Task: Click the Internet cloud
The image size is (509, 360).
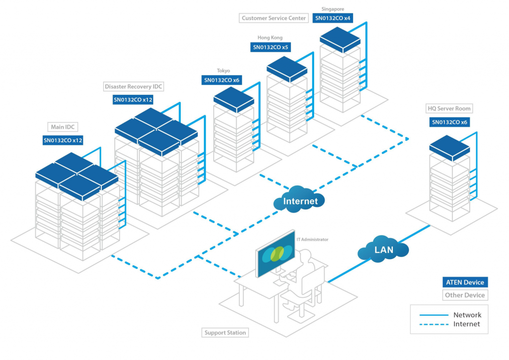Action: pos(300,200)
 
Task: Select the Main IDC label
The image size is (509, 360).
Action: pos(63,127)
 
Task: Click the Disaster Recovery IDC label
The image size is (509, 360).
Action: pos(133,87)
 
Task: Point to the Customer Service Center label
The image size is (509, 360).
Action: pos(273,18)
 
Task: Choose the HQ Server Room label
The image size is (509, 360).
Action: pos(449,108)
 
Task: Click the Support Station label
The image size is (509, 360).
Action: pos(225,333)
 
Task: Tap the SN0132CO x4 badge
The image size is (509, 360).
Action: pos(333,18)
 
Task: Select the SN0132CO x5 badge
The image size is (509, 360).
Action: pos(270,48)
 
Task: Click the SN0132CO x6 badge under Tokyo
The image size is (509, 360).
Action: pos(222,80)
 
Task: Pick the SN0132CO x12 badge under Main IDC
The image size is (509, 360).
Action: pos(63,141)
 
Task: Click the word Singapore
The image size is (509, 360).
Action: pos(333,9)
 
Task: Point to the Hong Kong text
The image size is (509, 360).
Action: pos(270,38)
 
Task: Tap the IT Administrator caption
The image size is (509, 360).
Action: pos(312,239)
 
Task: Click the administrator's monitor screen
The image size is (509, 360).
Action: pos(275,254)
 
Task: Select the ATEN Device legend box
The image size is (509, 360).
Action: pos(465,282)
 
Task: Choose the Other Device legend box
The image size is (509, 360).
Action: pos(465,295)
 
